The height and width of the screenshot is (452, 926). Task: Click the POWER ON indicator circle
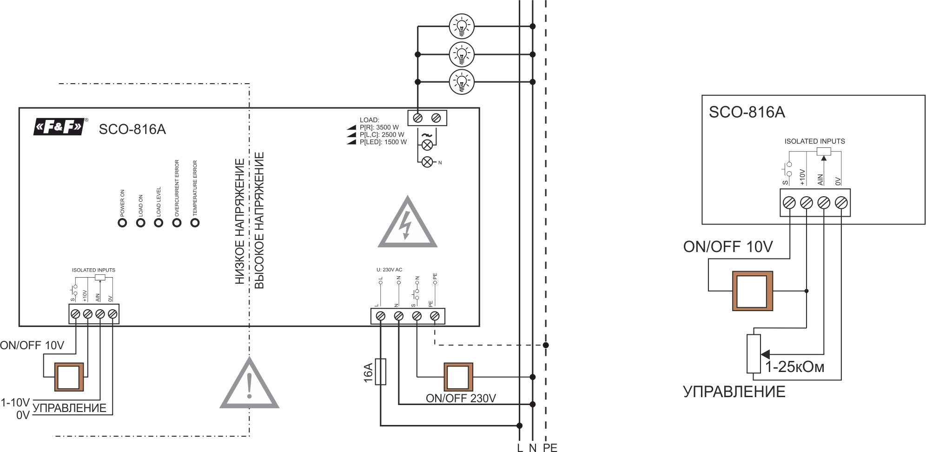(x=122, y=223)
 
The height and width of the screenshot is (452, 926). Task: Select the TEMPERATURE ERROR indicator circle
(x=195, y=223)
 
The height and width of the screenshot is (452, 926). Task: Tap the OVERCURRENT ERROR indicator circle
(x=177, y=223)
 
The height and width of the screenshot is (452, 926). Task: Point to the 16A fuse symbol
(x=380, y=372)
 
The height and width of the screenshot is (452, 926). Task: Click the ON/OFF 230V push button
(x=458, y=377)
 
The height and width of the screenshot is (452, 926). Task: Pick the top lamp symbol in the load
(x=462, y=26)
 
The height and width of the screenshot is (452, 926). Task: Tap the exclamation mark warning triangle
(x=249, y=385)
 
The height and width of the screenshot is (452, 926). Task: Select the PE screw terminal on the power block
(x=435, y=316)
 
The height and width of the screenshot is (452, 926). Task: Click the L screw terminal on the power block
(x=380, y=316)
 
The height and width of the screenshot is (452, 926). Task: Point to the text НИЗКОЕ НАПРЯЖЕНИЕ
(x=239, y=221)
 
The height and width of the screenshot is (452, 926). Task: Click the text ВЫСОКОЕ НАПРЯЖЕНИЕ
(x=259, y=220)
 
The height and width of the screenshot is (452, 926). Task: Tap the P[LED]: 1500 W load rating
(x=383, y=142)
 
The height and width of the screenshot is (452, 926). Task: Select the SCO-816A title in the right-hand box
(x=747, y=113)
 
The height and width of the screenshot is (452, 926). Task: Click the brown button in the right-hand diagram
(x=752, y=291)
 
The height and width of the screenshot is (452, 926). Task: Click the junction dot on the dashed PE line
(x=546, y=345)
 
